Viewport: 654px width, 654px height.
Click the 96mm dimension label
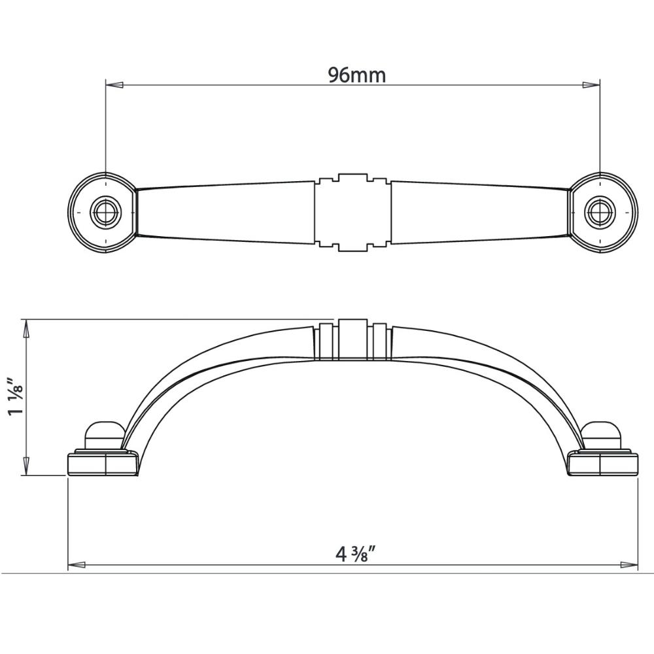356,75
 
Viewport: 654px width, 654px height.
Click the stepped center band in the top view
353,213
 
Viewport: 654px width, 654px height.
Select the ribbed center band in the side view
353,340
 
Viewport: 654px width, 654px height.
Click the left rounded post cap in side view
104,434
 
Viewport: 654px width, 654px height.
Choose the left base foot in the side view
103,464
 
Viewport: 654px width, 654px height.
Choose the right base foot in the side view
602,464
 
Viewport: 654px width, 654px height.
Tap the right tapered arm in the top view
481,213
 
